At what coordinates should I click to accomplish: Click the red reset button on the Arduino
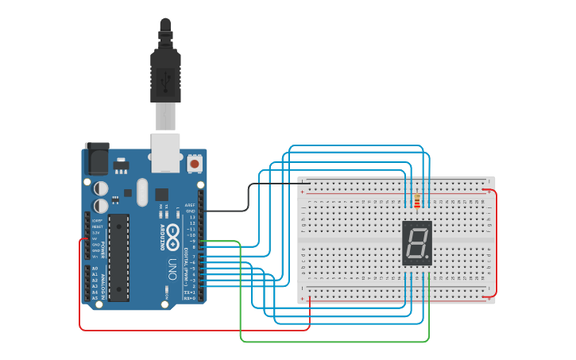tap(195, 164)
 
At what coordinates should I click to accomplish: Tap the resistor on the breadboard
tap(417, 200)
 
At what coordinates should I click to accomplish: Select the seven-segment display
tap(417, 243)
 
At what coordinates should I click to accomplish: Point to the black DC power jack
tap(96, 159)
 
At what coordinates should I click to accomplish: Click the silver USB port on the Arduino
tap(166, 153)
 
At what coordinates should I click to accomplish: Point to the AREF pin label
tap(190, 205)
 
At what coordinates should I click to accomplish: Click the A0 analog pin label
tap(95, 269)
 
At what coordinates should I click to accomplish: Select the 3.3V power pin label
tap(97, 232)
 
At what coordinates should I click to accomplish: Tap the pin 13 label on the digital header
tap(191, 217)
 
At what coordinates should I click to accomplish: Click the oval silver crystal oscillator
tap(142, 192)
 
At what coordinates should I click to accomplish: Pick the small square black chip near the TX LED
tap(161, 194)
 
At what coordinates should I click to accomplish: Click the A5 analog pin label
tap(95, 298)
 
